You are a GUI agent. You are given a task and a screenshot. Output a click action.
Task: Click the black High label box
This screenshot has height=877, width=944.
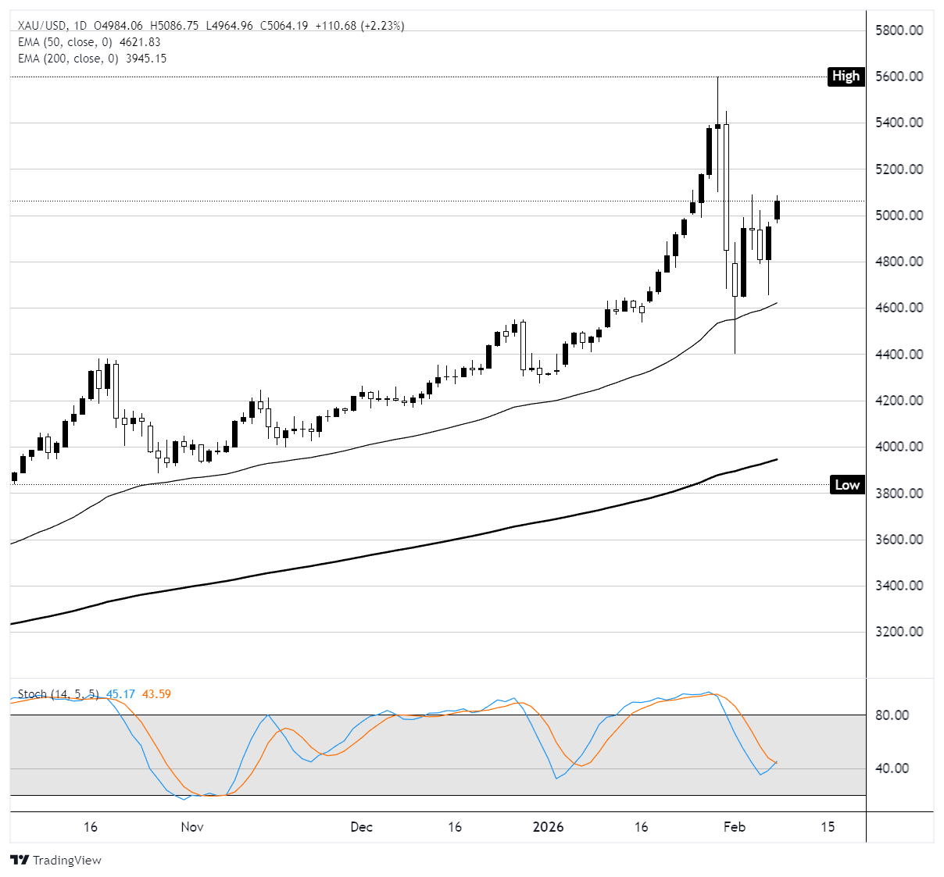846,77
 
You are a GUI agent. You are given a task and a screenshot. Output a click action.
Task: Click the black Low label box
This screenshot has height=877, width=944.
846,485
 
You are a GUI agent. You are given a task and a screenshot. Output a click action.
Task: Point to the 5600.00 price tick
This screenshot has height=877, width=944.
899,77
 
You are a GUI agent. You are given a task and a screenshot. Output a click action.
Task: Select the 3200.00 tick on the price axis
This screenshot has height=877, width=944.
899,632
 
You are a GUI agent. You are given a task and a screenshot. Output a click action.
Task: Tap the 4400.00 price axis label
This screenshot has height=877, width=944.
899,355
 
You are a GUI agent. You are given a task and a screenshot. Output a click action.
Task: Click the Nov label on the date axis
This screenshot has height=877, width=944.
192,827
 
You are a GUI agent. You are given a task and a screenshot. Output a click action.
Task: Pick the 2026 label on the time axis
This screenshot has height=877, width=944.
548,827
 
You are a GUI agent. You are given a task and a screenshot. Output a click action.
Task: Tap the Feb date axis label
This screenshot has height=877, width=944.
734,827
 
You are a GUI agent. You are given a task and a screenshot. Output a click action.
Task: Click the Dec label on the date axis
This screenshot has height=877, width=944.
362,827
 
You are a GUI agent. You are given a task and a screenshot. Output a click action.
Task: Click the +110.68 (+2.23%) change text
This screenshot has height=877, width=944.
359,26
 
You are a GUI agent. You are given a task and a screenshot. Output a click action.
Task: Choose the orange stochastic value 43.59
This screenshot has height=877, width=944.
156,694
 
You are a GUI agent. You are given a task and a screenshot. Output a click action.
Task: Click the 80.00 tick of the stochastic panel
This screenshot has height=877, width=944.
892,715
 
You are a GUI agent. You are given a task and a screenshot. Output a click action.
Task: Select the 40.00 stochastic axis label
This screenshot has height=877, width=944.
892,768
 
